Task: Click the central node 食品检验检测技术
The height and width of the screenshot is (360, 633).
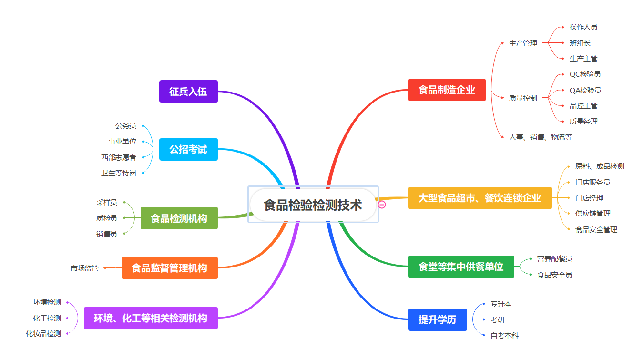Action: pyautogui.click(x=313, y=205)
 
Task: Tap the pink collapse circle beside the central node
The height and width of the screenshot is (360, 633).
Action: pyautogui.click(x=382, y=205)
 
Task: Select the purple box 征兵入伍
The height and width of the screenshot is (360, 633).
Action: pyautogui.click(x=188, y=91)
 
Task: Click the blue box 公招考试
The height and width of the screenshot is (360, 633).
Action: pyautogui.click(x=188, y=149)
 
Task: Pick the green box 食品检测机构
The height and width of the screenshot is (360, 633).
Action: pyautogui.click(x=179, y=218)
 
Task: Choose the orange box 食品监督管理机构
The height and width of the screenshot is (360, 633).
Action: pyautogui.click(x=169, y=268)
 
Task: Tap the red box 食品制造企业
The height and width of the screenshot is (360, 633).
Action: pyautogui.click(x=447, y=90)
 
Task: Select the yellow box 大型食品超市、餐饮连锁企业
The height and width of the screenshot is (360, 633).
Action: pyautogui.click(x=480, y=198)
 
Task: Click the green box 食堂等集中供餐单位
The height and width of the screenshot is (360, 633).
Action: pyautogui.click(x=461, y=267)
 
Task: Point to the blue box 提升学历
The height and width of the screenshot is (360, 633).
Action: pyautogui.click(x=437, y=319)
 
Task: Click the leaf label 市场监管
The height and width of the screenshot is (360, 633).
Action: pyautogui.click(x=84, y=268)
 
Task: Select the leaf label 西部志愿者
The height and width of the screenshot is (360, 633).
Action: pyautogui.click(x=118, y=157)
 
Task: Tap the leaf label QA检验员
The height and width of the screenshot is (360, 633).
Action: pyautogui.click(x=585, y=90)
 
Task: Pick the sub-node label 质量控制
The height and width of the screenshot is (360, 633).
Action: pyautogui.click(x=522, y=98)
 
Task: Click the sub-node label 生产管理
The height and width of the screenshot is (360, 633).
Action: pyautogui.click(x=523, y=43)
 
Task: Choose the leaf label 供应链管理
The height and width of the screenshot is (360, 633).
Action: pyautogui.click(x=592, y=214)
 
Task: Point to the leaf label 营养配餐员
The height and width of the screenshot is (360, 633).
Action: pyautogui.click(x=554, y=259)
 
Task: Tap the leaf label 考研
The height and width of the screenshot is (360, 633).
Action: pyautogui.click(x=497, y=319)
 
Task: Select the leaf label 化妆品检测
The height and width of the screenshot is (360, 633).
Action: pyautogui.click(x=43, y=334)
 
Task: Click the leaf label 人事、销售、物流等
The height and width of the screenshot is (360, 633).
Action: pyautogui.click(x=540, y=137)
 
